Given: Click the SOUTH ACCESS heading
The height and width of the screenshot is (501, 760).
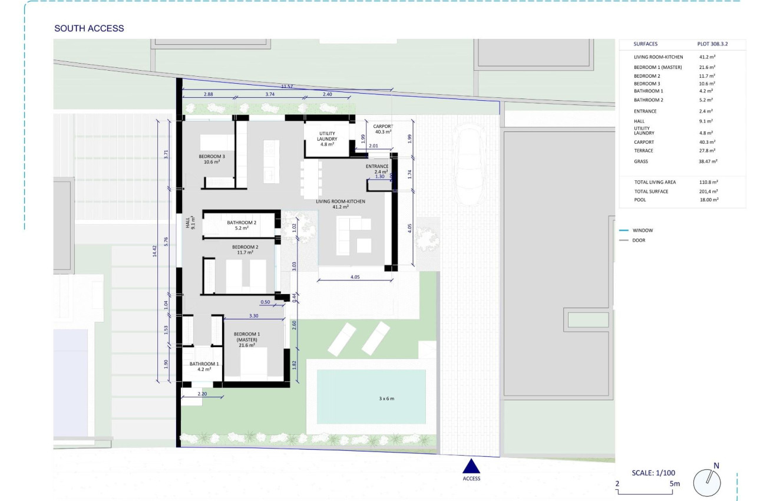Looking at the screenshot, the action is (x=89, y=28).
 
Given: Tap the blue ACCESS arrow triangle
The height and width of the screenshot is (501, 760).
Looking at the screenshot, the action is (x=471, y=466).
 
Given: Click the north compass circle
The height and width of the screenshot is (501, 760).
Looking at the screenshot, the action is (x=707, y=483).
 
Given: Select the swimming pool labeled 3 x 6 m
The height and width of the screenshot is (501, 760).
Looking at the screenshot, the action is (x=371, y=397).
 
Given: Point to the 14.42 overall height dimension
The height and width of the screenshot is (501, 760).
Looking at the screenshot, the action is (x=155, y=251).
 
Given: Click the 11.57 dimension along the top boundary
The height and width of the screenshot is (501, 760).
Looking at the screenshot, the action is (x=287, y=87).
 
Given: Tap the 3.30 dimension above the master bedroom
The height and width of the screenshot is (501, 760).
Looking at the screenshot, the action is (x=253, y=316).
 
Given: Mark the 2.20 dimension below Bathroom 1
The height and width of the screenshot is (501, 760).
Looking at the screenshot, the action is (x=202, y=394).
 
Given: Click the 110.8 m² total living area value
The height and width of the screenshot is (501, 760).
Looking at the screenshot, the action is (x=708, y=182).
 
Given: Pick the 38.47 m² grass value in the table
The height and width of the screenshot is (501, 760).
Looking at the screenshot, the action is (x=708, y=161).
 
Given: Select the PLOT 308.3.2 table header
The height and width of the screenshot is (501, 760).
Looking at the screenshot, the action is (x=712, y=44).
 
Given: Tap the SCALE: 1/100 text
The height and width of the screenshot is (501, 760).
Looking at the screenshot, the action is (x=653, y=473).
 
